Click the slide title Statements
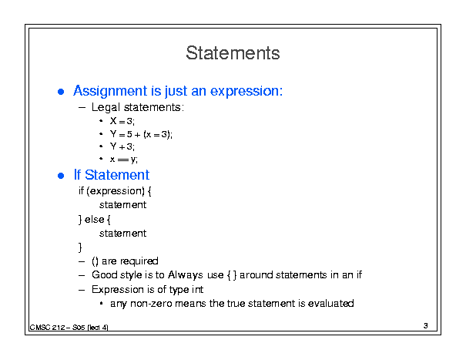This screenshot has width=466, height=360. [233, 53]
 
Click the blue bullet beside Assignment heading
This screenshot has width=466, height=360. [61, 92]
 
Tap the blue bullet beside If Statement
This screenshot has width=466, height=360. [61, 176]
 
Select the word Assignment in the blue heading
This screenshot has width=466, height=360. [110, 91]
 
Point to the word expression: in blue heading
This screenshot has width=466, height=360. [246, 91]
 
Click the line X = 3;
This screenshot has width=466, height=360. [122, 121]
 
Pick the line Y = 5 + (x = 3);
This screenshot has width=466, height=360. [141, 134]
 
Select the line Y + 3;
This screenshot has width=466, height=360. [122, 146]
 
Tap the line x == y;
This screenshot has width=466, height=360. [124, 160]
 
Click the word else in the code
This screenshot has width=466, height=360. [94, 219]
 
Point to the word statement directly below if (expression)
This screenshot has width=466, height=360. [122, 205]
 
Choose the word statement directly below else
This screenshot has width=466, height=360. [122, 234]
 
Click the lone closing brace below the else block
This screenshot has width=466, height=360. [80, 247]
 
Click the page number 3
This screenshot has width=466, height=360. [426, 326]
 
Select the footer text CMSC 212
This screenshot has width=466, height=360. [47, 328]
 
